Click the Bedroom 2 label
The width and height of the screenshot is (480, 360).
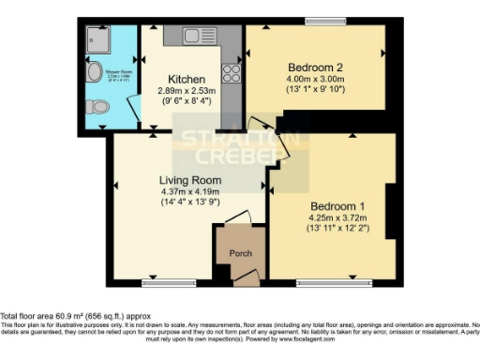click(x=315, y=67)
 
